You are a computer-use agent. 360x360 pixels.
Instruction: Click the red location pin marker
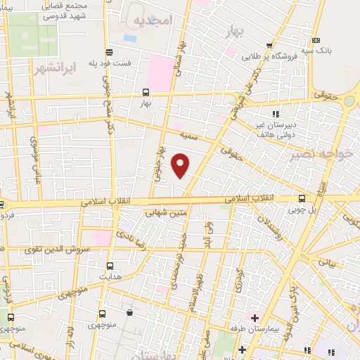[181, 165]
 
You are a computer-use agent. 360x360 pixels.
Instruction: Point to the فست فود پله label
[109, 63]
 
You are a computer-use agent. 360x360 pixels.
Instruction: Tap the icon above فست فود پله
[109, 51]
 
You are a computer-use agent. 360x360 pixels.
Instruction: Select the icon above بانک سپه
[316, 40]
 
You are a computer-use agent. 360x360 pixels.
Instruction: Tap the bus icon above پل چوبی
[302, 198]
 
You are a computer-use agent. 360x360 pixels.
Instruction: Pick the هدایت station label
[110, 278]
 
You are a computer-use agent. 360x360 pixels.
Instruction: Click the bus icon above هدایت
[110, 266]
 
